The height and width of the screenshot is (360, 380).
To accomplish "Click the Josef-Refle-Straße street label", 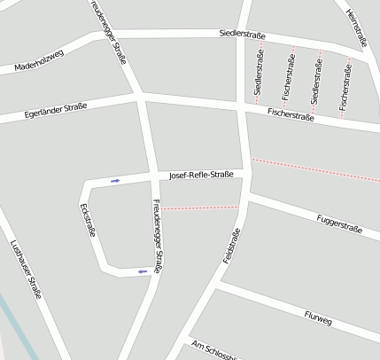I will pyautogui.click(x=201, y=175).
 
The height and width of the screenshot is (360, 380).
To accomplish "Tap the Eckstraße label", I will pyautogui.click(x=87, y=221).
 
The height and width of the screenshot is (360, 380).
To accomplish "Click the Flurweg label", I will pyautogui.click(x=317, y=316).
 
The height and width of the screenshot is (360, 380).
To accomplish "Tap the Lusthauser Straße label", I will pyautogui.click(x=26, y=270).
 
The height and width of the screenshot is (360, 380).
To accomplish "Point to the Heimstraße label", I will pyautogui.click(x=355, y=27).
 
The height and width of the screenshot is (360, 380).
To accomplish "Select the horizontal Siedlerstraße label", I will pyautogui.click(x=243, y=35).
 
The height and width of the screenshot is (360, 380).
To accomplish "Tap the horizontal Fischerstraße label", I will pyautogui.click(x=291, y=114).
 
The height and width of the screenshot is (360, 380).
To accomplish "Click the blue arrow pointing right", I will pyautogui.click(x=115, y=181).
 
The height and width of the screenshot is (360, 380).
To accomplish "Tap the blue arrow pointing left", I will pyautogui.click(x=142, y=271).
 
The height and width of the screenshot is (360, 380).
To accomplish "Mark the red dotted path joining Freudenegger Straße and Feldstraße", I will pyautogui.click(x=200, y=207).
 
